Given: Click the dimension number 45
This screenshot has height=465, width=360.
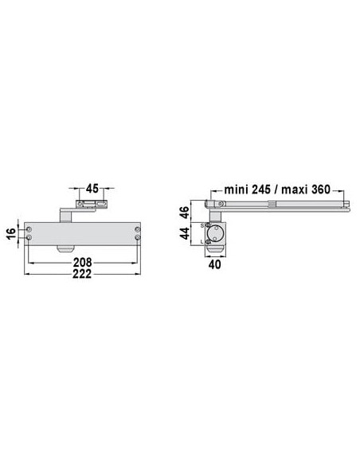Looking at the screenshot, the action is tap(92, 189).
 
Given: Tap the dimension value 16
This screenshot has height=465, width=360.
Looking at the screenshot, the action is tap(11, 233).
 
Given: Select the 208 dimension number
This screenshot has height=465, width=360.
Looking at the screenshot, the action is tap(83, 263).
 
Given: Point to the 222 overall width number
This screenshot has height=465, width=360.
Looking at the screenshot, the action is tap(82, 274).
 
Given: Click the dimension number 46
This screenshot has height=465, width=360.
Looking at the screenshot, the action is tap(185, 213).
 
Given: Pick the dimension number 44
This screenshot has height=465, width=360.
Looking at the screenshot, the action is tap(185, 233).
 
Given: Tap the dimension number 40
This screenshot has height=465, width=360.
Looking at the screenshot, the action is tap(215, 264).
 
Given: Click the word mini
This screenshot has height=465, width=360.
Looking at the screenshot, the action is tap(236, 190).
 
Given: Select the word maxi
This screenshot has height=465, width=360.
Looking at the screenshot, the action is tap(295, 190).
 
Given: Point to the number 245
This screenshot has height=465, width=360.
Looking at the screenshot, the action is tap(261, 190).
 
